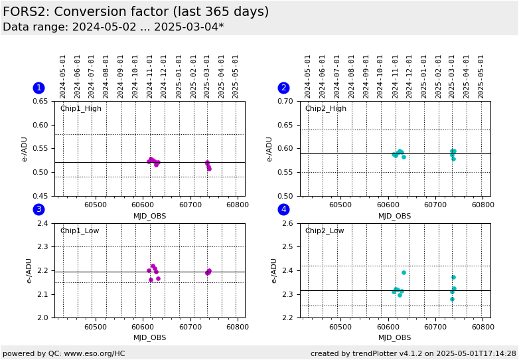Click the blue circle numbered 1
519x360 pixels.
pos(39,88)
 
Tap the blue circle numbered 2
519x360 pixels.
pos(283,88)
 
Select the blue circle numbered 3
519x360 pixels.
pos(39,209)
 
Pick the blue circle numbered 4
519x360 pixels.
pos(283,209)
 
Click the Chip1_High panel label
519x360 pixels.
pos(81,109)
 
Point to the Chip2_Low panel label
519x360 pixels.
pos(325,230)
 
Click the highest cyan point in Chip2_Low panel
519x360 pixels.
pos(404,272)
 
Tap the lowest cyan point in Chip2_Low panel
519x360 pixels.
pos(452,299)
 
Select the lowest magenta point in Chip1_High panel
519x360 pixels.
pos(209,169)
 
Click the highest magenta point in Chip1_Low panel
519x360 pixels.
pos(153,266)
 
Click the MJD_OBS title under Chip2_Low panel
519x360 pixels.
pos(394,337)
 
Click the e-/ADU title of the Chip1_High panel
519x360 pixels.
pos(25,149)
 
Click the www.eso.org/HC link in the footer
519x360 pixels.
pos(95,354)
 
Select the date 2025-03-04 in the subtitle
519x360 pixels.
pos(185,27)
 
